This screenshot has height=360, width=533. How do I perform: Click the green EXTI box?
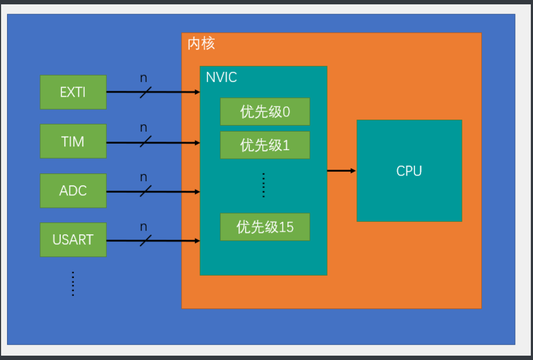point(73,92)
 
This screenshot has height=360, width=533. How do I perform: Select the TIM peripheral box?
point(73,141)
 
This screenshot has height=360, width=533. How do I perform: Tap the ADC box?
point(73,191)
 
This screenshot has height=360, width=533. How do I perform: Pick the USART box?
point(73,240)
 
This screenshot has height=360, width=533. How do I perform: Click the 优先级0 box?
point(265,112)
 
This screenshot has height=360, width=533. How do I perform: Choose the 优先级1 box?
point(265,145)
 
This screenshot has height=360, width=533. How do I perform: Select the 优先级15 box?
point(265,227)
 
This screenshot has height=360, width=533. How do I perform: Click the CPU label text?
point(409,171)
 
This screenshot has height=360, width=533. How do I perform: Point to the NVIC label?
point(221,77)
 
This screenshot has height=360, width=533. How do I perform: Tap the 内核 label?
point(201,44)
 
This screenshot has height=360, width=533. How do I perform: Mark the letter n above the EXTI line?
point(143,78)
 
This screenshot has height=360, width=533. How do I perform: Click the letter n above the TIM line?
point(143,128)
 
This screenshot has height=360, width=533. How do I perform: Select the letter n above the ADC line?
point(143,178)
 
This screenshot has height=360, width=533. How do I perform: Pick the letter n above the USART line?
point(143,227)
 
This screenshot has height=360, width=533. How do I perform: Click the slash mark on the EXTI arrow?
point(146,92)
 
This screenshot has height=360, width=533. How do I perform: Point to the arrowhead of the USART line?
point(197,240)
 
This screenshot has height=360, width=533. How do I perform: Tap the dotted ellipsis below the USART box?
point(73,283)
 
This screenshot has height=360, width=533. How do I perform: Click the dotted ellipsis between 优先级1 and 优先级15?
point(264,185)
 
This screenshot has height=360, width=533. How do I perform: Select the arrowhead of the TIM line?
point(197,142)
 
